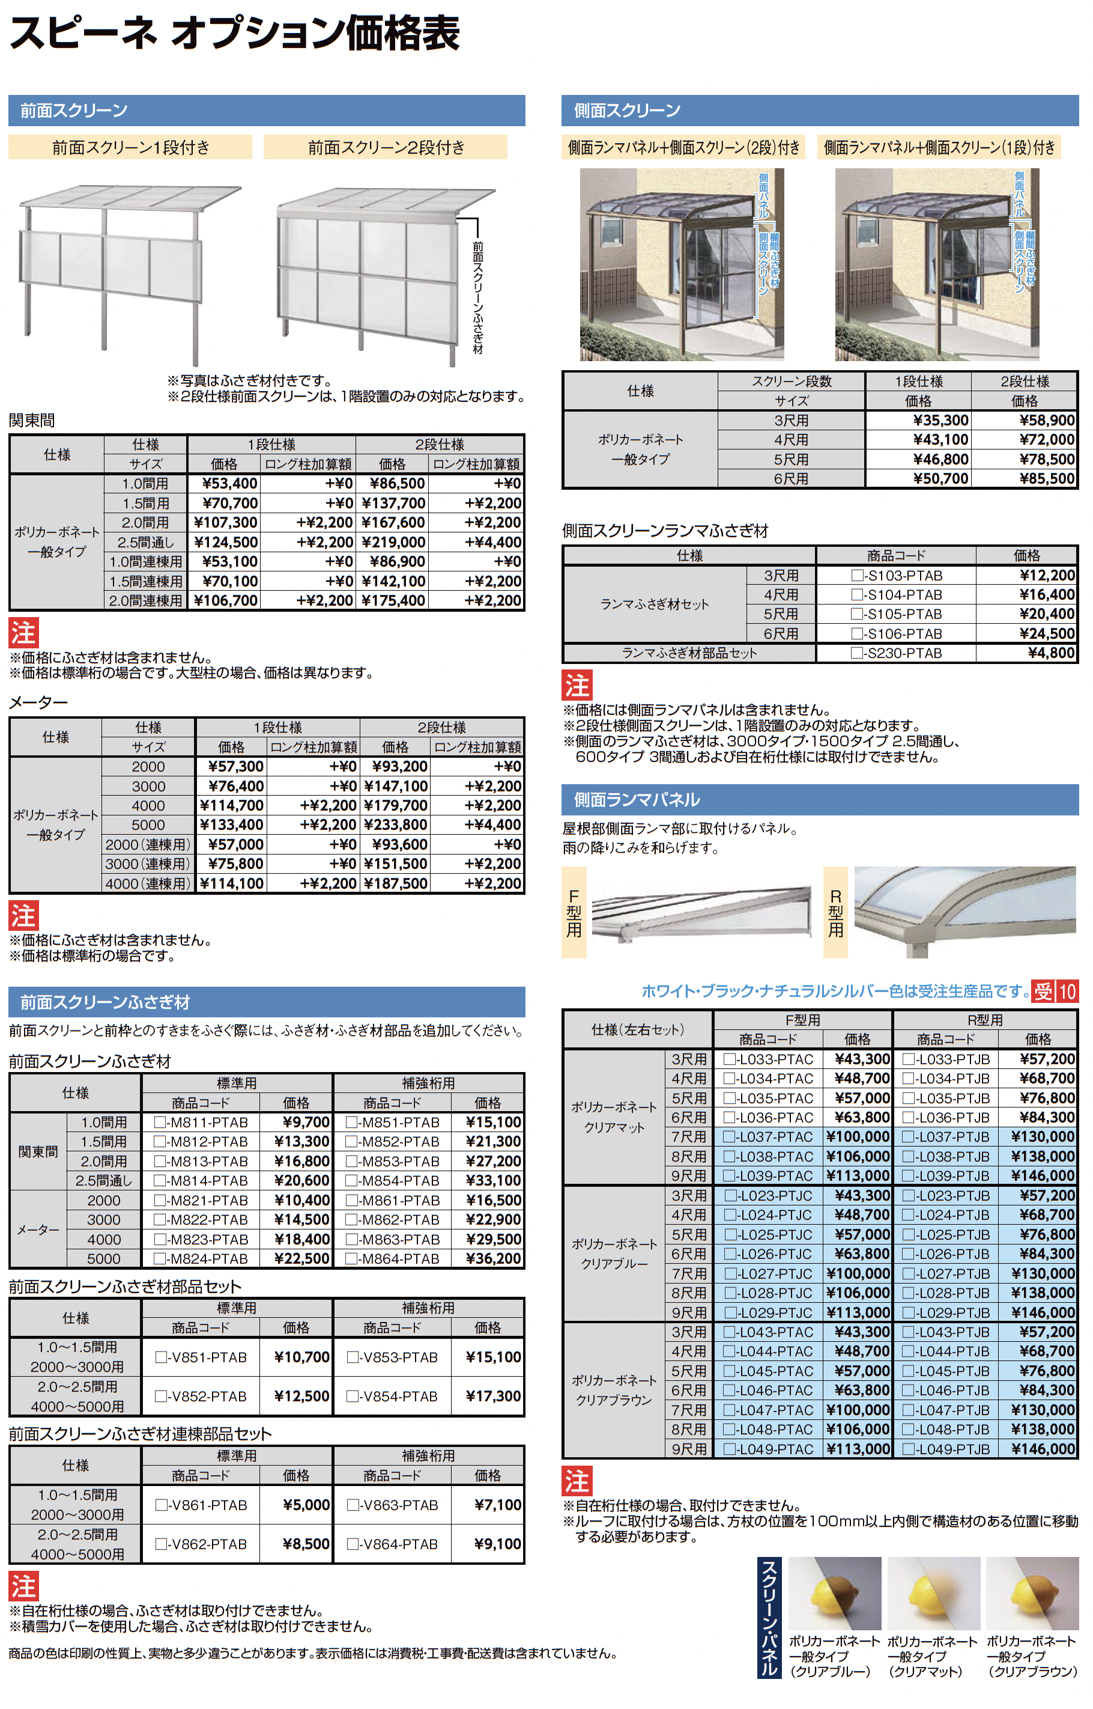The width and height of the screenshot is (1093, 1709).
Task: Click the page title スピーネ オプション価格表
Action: pos(234,34)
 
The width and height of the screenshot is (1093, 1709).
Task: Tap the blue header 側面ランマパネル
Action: pos(637,800)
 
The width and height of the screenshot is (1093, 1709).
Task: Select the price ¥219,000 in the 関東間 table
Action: pos(393,543)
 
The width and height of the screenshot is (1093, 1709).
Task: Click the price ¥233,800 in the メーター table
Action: pos(396,825)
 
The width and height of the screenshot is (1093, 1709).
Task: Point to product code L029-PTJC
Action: pos(775,1313)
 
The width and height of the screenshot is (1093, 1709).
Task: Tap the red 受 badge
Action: pos(1043,991)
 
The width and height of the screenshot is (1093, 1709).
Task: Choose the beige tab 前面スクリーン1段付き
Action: pos(130,148)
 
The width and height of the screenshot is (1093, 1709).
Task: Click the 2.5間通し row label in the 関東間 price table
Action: pos(145,543)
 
